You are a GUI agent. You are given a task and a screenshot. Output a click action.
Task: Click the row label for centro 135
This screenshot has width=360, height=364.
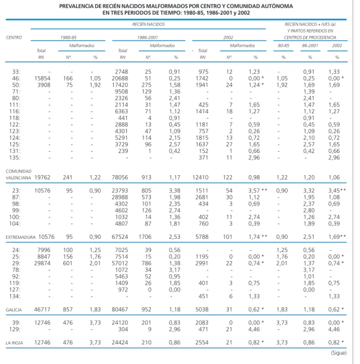point(15,158)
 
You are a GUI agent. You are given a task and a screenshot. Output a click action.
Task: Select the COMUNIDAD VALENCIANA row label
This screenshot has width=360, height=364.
point(19,175)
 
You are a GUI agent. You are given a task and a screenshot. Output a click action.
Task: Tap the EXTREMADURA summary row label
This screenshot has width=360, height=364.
point(21,237)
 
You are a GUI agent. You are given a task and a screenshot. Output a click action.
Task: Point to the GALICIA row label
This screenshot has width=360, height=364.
point(14,310)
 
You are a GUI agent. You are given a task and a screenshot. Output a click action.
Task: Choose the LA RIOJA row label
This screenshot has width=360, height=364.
point(14,343)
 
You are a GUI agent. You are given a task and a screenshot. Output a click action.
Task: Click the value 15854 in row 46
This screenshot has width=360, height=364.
point(42,78)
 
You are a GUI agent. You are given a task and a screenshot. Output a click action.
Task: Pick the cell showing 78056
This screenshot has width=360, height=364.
point(120,177)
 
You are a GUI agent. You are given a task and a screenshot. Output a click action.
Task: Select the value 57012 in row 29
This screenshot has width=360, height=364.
point(120,263)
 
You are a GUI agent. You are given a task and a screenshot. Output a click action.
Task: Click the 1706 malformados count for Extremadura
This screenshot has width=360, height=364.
point(145,237)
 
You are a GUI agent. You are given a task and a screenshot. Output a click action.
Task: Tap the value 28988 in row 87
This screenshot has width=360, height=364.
point(120,198)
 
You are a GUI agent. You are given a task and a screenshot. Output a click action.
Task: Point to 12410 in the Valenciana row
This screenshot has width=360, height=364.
point(200,177)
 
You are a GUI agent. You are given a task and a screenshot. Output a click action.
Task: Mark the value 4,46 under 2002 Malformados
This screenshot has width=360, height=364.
point(254,329)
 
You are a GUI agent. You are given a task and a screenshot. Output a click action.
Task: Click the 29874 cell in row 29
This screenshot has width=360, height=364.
point(42,263)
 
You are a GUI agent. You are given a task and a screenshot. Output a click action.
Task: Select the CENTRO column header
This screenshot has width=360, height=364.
point(14,38)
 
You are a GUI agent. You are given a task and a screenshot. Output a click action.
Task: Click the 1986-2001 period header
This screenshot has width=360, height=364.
point(148,38)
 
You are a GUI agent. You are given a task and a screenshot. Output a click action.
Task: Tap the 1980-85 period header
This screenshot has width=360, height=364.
point(68,38)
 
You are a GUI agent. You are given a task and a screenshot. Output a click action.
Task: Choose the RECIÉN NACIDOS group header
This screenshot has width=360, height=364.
point(149,24)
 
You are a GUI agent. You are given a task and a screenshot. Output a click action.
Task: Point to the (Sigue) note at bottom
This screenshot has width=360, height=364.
point(339,353)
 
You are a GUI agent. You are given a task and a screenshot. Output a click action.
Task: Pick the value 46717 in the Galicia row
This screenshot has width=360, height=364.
point(42,310)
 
